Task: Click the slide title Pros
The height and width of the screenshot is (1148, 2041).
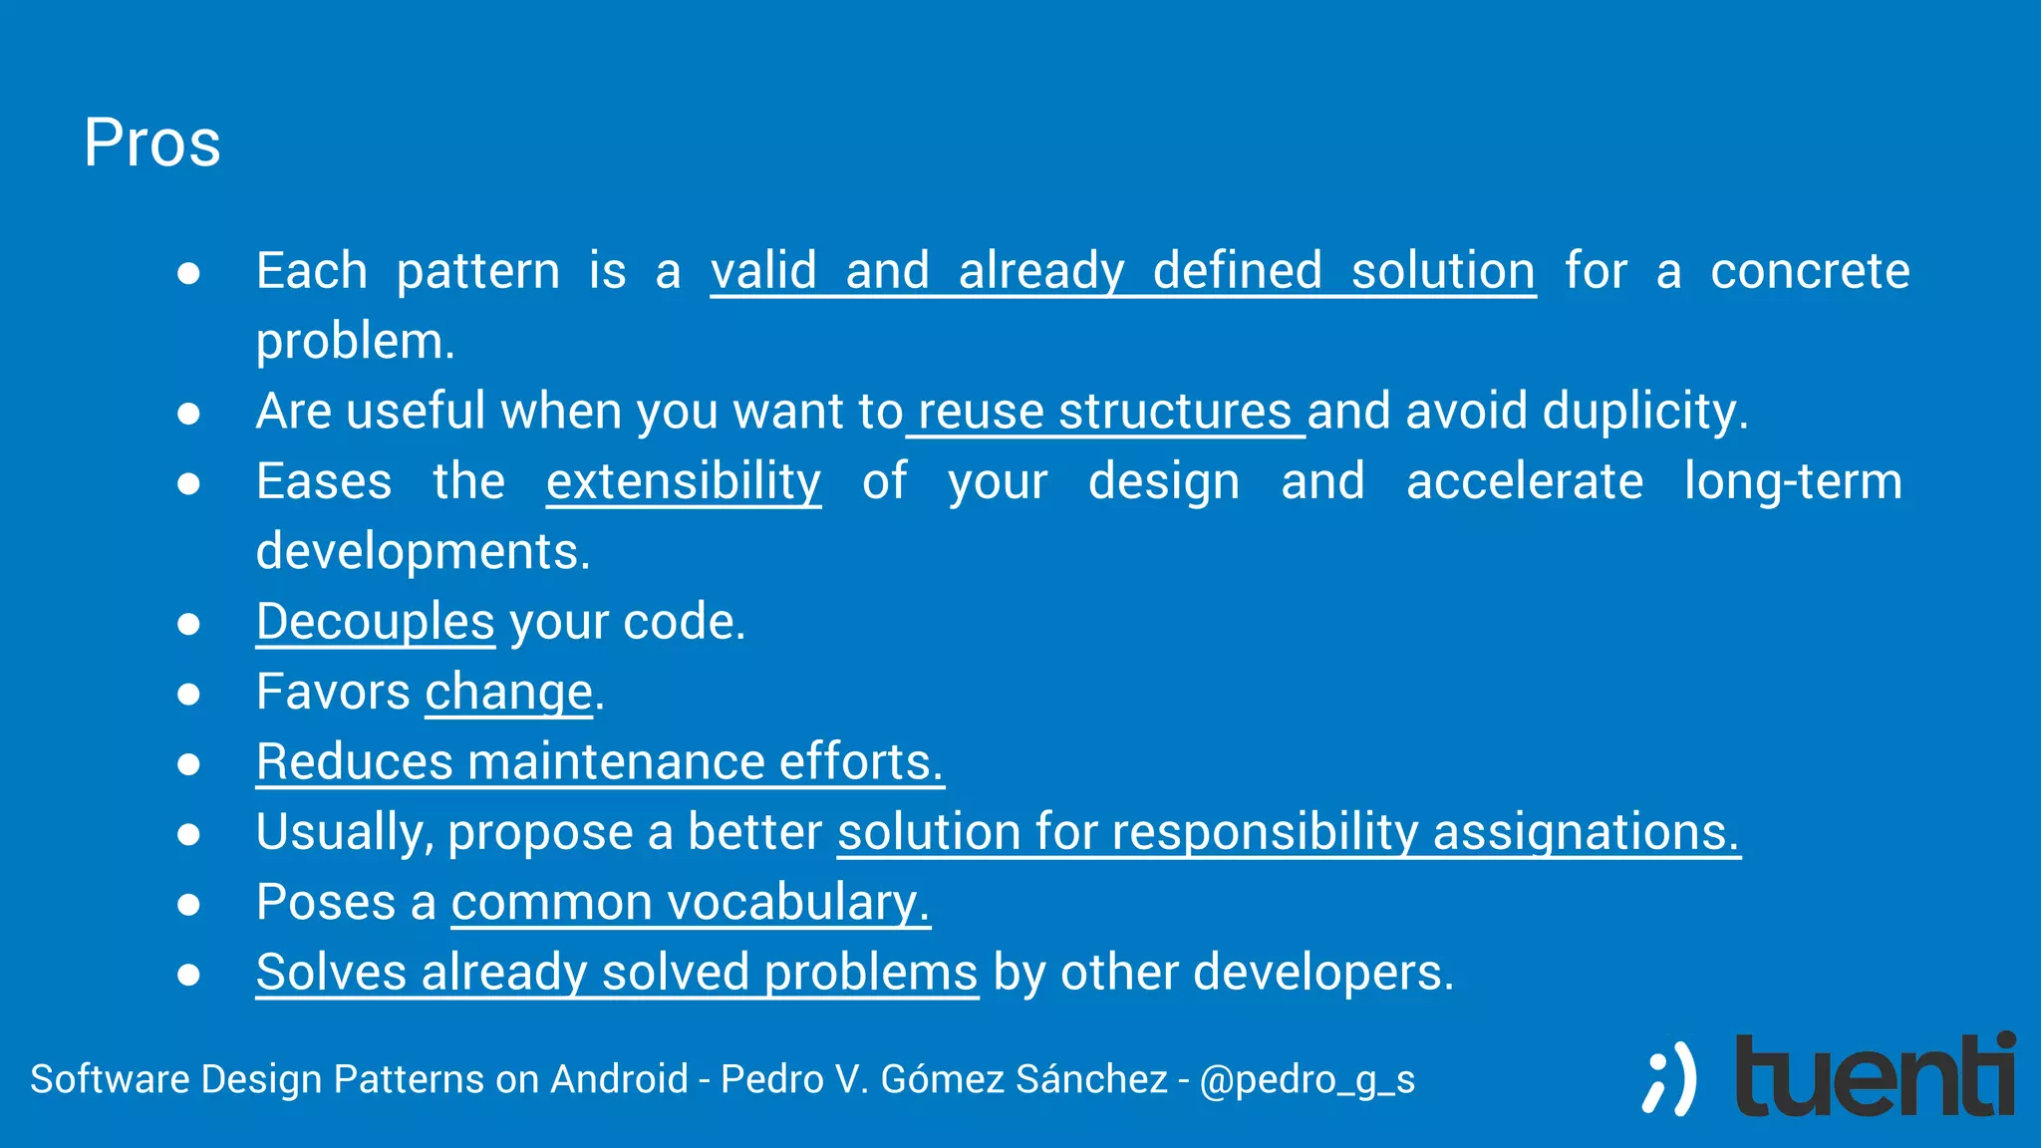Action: pos(151,143)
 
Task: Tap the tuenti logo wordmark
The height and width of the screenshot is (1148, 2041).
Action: pos(1875,1076)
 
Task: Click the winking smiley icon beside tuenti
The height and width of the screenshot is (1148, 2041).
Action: pos(1669,1079)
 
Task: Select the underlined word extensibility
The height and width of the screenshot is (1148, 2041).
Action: pos(684,482)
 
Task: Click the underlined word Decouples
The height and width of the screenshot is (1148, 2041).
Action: pos(375,623)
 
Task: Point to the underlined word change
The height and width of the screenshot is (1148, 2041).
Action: pos(508,693)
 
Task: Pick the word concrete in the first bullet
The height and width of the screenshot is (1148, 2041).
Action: pos(1810,272)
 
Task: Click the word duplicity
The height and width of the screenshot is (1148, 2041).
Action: pos(1644,413)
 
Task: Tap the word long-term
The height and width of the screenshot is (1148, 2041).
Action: pos(1793,482)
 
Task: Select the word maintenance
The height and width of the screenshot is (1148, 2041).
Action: pos(616,762)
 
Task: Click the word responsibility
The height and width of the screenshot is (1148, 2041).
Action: pos(1264,833)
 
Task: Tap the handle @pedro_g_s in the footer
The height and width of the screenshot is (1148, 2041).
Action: pos(1307,1080)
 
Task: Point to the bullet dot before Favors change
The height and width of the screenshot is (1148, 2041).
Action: pos(188,694)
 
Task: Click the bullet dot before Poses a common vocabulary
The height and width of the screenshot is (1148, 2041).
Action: pos(188,904)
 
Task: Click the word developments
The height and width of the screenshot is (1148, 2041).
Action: pos(423,553)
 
